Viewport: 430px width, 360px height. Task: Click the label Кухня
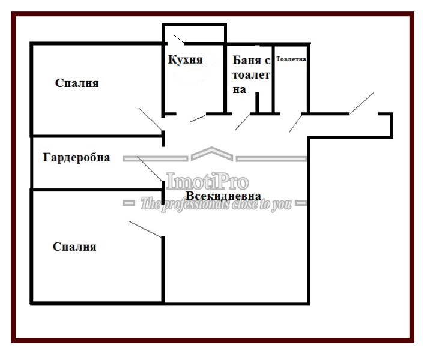coord(185,59)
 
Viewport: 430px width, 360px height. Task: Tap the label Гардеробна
coord(76,157)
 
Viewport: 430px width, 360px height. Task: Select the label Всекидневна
coord(223,196)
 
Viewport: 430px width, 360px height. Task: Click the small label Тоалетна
coord(291,59)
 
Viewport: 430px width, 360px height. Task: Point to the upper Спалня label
coord(77,83)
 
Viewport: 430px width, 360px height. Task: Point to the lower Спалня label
coord(74,247)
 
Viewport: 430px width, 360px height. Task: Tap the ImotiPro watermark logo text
coord(207,181)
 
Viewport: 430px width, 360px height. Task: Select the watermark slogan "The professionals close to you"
coord(216,205)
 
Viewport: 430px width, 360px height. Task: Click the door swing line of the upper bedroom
coord(151,119)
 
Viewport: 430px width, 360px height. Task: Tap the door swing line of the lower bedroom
coord(145,229)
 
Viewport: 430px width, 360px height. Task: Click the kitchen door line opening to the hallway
coord(198,118)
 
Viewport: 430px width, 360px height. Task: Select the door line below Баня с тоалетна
coord(243,122)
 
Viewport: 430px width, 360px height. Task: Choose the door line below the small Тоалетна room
coord(296,123)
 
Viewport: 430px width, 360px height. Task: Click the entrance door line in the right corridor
coord(362,103)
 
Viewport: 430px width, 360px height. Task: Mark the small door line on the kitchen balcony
coord(179,39)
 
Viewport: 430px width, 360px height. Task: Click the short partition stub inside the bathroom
coord(257,103)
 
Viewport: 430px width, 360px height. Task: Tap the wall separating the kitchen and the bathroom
coord(225,79)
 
